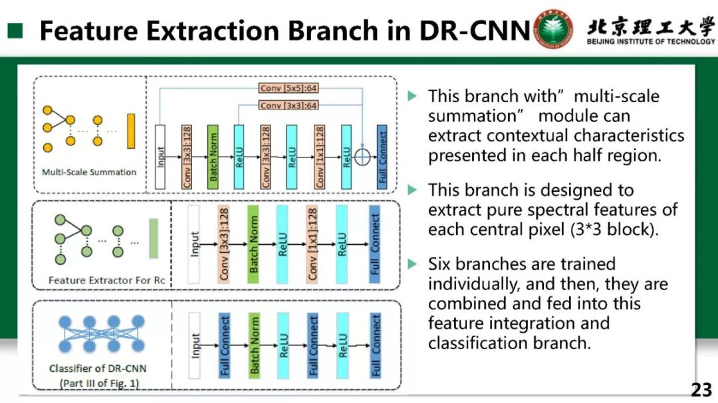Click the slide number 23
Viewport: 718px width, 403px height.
[701, 390]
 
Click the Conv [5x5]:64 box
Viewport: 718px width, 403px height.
[289, 88]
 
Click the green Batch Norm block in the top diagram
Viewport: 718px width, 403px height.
[213, 155]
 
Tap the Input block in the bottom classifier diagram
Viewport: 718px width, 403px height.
[195, 345]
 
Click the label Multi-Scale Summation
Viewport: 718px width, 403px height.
[89, 172]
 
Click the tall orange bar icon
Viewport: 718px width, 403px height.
[131, 131]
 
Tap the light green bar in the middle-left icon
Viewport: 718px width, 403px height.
[154, 238]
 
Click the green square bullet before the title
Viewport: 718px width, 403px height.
[15, 31]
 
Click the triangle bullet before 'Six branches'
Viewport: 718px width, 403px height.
[412, 264]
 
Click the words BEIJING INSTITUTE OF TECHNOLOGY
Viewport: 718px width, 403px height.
[651, 42]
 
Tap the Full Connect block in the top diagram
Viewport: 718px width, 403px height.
[382, 155]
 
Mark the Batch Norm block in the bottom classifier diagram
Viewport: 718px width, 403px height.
[254, 345]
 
